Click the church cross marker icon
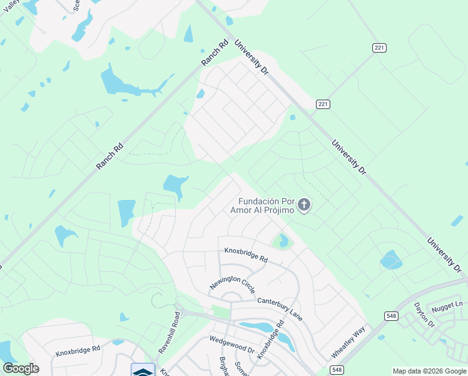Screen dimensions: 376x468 [304, 204]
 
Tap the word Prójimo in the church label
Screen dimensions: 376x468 [274, 211]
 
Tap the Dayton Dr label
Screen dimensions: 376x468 [424, 315]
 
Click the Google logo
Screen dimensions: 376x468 [21, 368]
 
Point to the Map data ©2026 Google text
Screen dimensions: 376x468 [429, 371]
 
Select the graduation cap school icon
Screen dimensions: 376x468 [143, 370]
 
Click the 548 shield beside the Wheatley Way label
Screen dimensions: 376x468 [337, 370]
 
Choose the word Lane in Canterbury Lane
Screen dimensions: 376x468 [295, 315]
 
